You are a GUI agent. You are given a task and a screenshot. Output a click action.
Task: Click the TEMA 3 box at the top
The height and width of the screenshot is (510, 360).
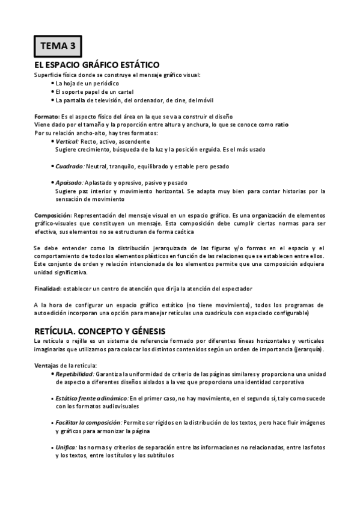[57, 45]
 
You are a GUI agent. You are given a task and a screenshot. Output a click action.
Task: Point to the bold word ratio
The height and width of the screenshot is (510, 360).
[281, 124]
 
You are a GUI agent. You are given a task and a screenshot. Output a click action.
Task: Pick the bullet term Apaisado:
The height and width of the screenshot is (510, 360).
[69, 182]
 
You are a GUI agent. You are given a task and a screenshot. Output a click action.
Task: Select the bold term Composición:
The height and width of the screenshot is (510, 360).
[52, 215]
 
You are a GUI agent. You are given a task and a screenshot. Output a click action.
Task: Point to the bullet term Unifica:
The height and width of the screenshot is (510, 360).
[66, 447]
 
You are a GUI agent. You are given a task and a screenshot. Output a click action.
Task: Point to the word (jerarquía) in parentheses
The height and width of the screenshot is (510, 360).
[306, 349]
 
